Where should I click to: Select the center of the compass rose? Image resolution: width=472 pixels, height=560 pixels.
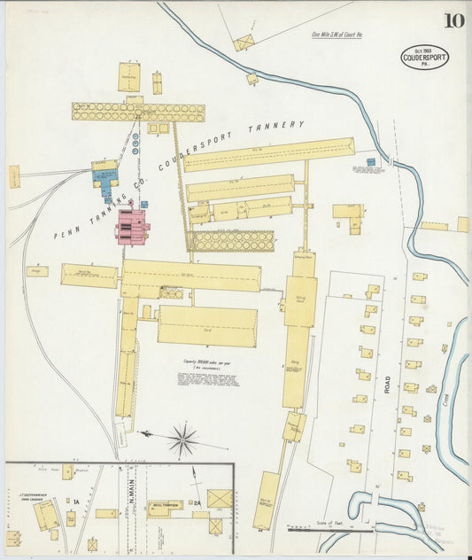[x=182, y=437]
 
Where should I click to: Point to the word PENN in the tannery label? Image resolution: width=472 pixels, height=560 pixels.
[x=67, y=231]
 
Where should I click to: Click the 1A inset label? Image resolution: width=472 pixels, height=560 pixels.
[x=77, y=502]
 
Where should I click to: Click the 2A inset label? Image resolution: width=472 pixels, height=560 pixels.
[x=198, y=502]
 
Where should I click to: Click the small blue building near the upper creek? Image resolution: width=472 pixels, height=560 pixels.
[x=370, y=162]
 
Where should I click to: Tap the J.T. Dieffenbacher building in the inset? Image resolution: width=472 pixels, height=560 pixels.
[x=43, y=513]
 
